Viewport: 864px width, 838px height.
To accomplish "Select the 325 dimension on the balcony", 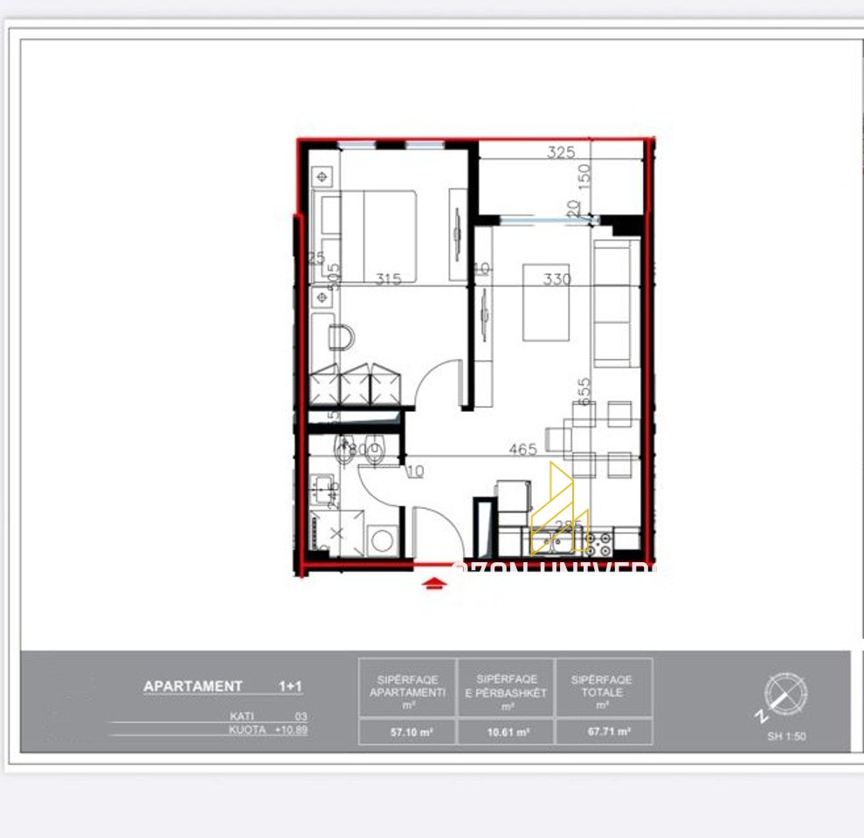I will click(x=561, y=152).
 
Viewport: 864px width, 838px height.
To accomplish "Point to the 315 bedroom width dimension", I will click(x=389, y=279).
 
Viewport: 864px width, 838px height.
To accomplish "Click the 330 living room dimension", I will click(x=556, y=279).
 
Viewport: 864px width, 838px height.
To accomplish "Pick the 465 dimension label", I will click(x=523, y=450).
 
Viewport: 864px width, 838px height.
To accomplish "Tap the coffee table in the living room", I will click(x=546, y=302).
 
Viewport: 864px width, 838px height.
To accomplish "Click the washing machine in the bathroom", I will click(x=382, y=539).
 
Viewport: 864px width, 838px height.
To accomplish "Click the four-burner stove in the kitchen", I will click(x=598, y=545).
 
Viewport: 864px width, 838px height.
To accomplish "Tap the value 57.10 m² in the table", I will click(x=408, y=732).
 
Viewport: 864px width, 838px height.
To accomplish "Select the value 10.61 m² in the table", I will click(x=505, y=732).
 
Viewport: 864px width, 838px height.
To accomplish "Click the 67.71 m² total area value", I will click(x=603, y=732).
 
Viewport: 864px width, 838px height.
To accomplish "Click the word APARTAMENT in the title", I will click(x=192, y=686).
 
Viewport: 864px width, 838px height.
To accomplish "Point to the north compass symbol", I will click(x=785, y=695).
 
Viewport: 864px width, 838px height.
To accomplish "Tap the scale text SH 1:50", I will click(x=786, y=736).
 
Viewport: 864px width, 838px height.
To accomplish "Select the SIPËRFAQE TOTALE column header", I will click(x=603, y=685).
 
